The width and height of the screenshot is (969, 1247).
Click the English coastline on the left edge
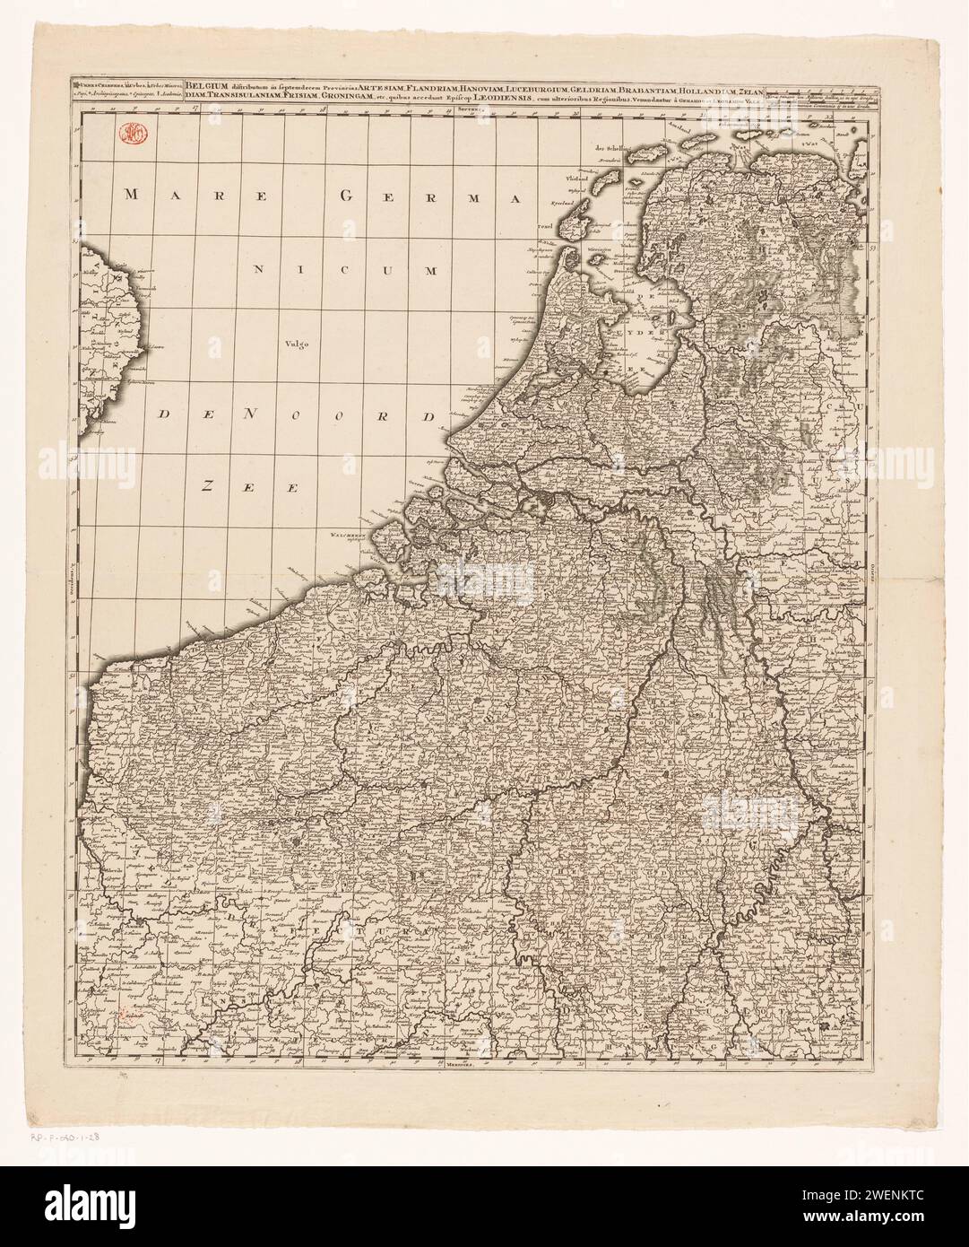[99, 341]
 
